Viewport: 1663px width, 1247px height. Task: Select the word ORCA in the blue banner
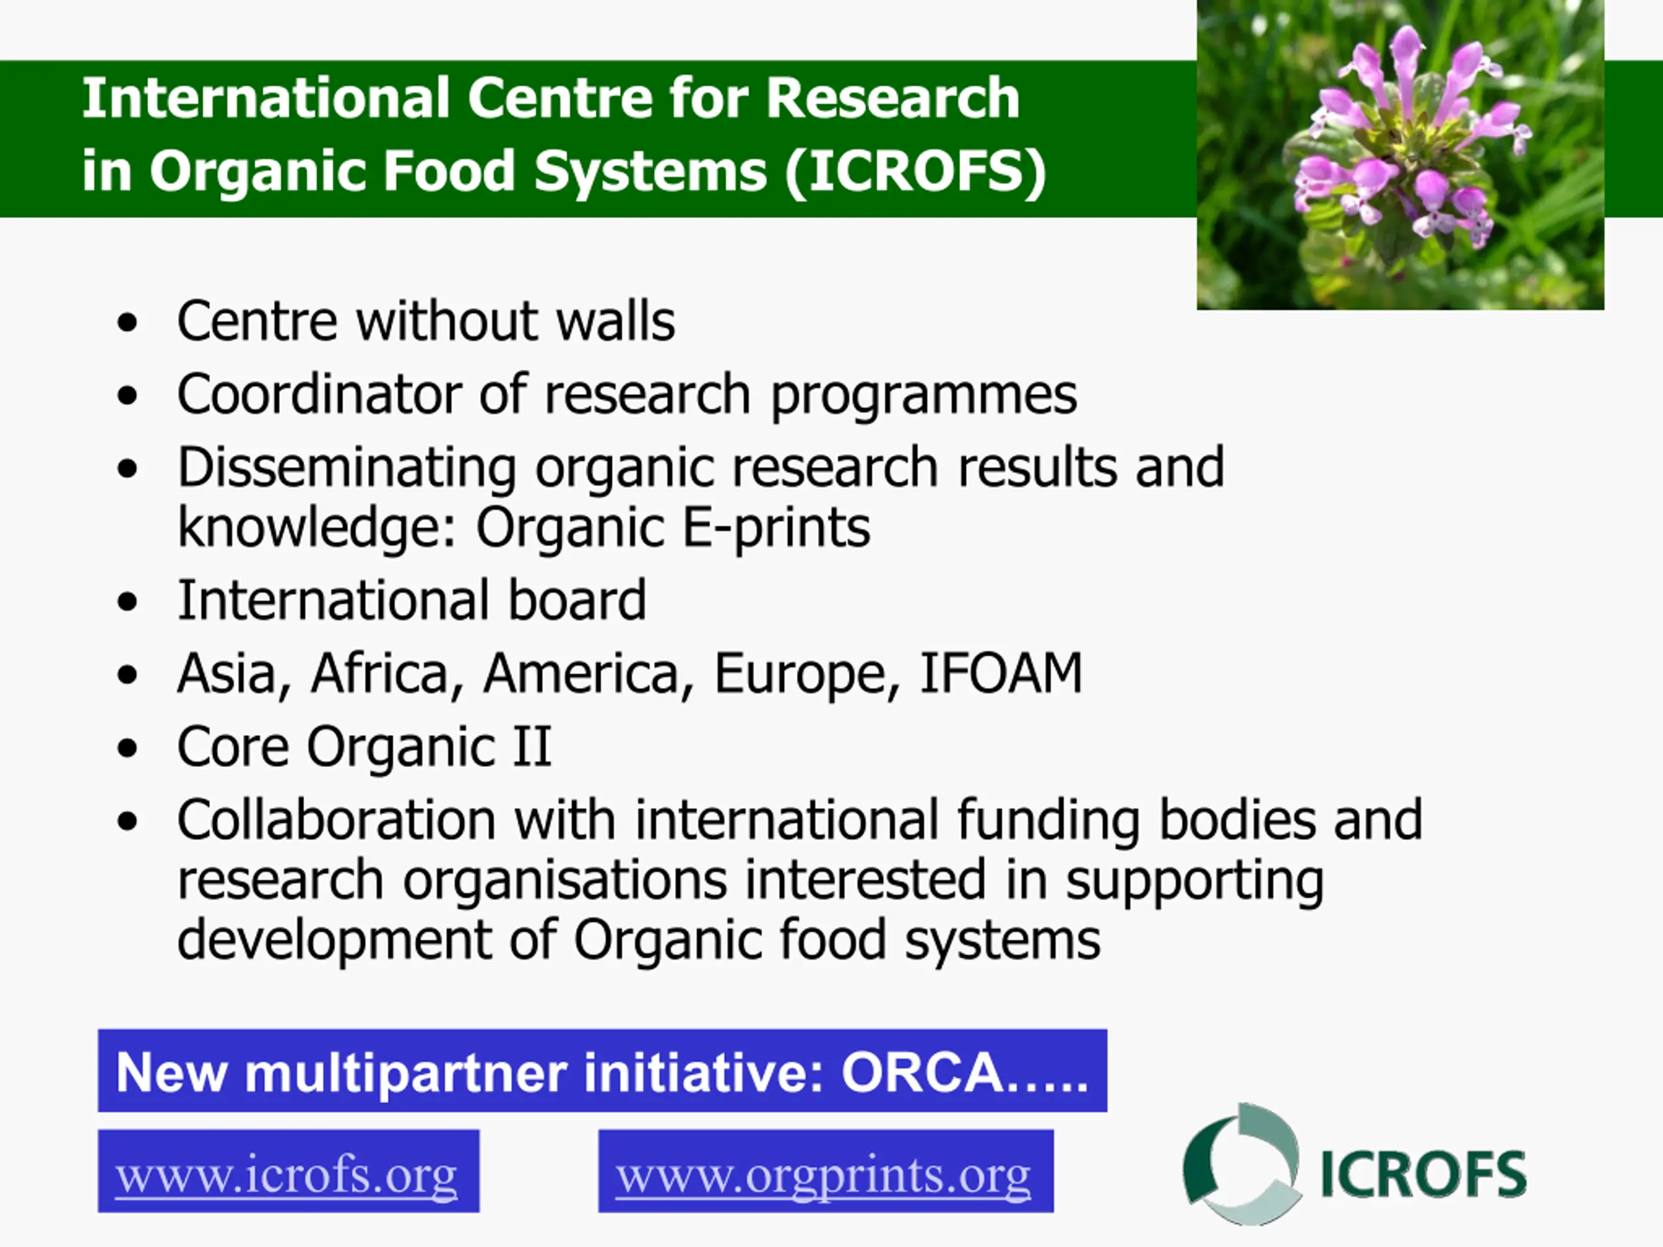(922, 1073)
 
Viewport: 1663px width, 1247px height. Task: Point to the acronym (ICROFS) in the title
(915, 172)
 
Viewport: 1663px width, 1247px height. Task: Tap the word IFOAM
(1002, 673)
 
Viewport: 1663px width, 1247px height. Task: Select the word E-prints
(776, 529)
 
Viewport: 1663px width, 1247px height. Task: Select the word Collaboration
(336, 818)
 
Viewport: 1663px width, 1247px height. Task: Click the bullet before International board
(128, 601)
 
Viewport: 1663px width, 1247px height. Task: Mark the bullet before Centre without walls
(128, 322)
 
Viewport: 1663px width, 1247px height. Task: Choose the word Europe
(807, 675)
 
